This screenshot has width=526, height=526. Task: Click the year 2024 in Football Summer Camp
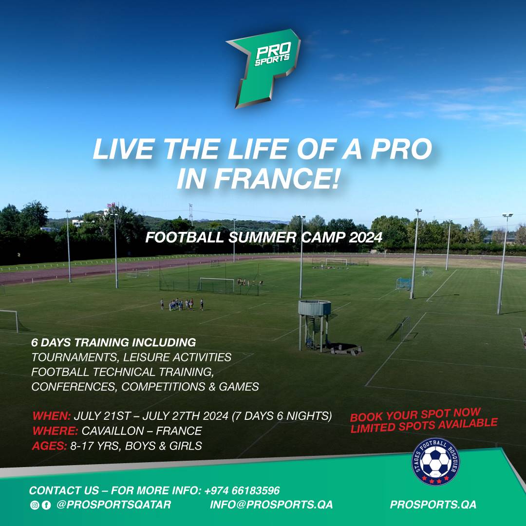coord(365,238)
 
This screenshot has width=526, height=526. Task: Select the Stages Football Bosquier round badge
coord(435,462)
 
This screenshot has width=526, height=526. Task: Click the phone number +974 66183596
coord(242,490)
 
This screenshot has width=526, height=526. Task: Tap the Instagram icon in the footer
coord(35,505)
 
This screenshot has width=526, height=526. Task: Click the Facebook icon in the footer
coord(46,505)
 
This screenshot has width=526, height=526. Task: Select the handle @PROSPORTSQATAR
coord(113,505)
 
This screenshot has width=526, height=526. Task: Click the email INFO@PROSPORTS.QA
coord(271,505)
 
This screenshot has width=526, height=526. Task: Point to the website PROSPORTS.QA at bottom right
coord(433,505)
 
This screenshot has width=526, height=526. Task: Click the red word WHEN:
coord(51,416)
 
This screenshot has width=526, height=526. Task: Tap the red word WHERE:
coord(55,431)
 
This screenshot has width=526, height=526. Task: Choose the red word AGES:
coord(49,446)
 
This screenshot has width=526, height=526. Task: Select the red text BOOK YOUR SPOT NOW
coord(415,415)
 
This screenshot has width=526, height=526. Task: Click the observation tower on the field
coord(314,325)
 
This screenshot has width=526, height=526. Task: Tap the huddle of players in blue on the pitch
coord(182,304)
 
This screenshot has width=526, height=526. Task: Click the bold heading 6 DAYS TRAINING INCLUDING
coord(113,342)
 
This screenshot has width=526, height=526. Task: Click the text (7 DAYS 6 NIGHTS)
coord(282,416)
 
